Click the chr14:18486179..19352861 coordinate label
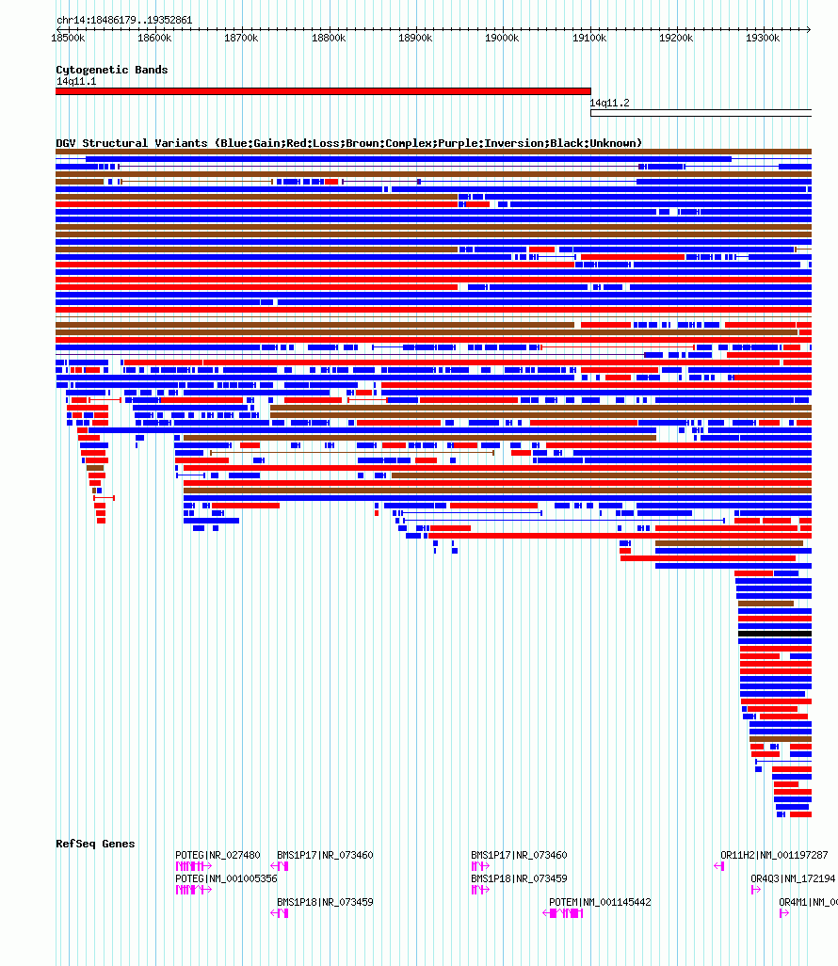point(124,20)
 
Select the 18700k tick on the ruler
point(241,39)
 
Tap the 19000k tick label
point(502,39)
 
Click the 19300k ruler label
point(763,39)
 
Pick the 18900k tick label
point(415,39)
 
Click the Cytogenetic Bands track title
point(111,70)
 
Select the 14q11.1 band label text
point(75,81)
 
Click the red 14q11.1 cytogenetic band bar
point(323,91)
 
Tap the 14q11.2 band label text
point(610,103)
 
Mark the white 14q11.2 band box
point(701,113)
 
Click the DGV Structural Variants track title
point(348,143)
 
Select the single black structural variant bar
point(774,634)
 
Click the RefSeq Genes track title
point(95,844)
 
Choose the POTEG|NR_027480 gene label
point(218,855)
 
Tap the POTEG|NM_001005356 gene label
point(226,878)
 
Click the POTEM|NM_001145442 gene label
point(600,902)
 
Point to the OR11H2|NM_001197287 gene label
point(774,855)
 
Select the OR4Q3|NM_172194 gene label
point(792,878)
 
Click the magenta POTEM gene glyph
point(567,913)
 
